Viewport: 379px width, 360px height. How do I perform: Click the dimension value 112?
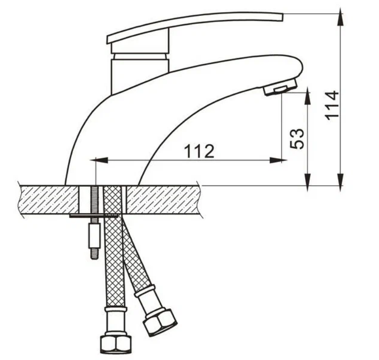click(199, 151)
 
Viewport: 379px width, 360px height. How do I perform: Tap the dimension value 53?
click(297, 139)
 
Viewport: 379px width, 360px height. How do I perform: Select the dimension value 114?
click(332, 105)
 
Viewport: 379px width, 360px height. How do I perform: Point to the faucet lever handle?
click(194, 27)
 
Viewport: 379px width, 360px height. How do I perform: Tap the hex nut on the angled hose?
click(160, 323)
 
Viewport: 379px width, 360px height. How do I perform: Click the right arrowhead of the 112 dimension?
click(278, 160)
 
